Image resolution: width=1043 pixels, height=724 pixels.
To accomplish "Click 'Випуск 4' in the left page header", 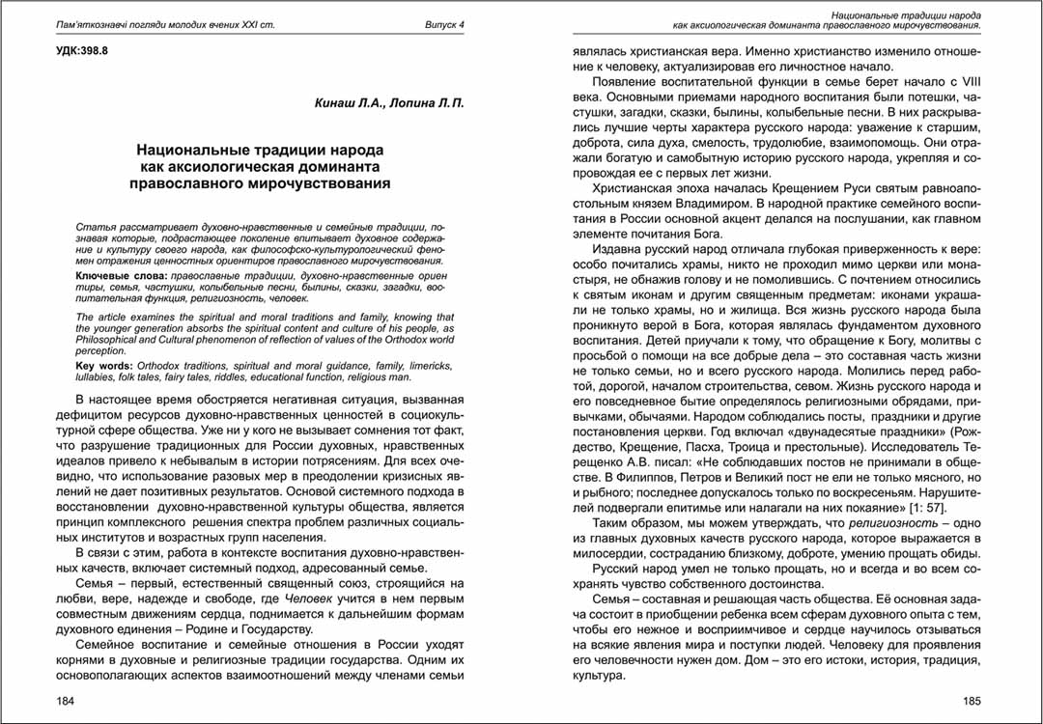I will (444, 24).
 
